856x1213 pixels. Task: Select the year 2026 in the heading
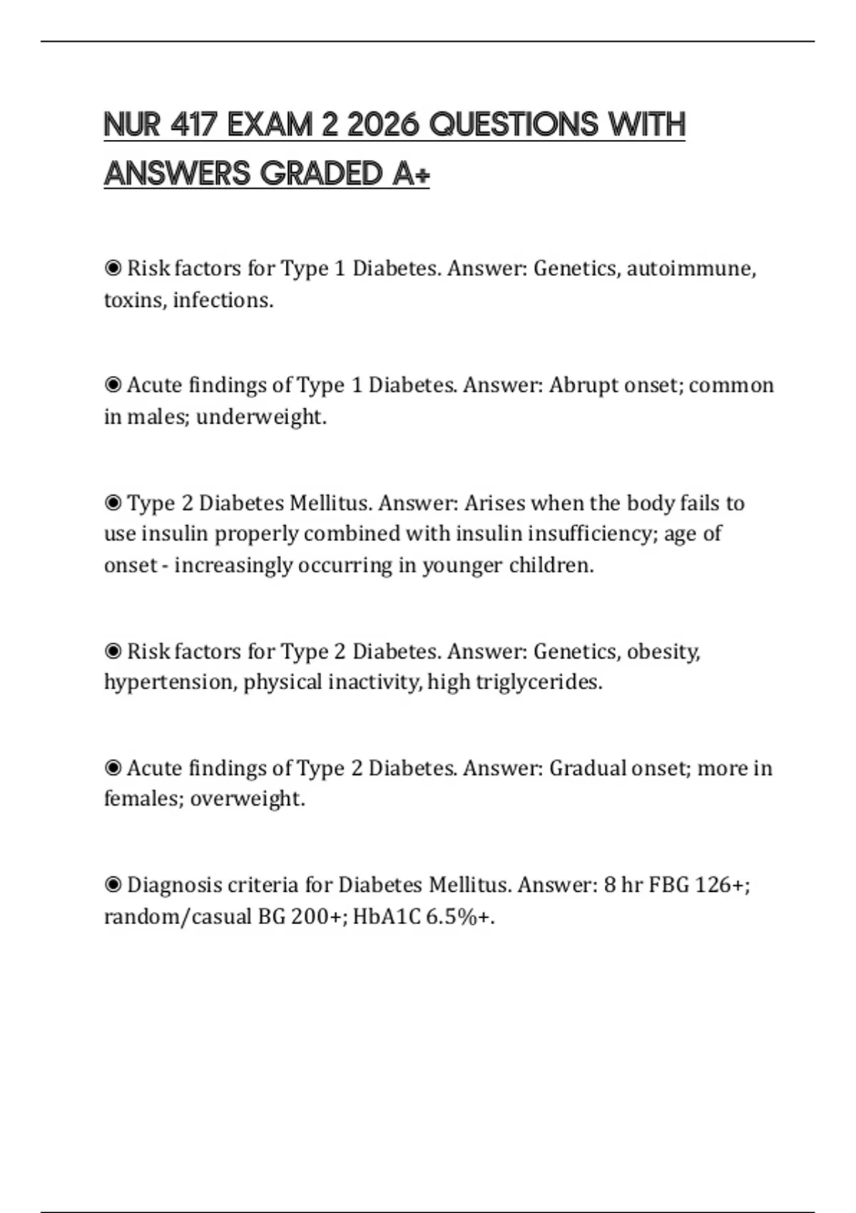(x=382, y=125)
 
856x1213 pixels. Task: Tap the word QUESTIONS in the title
(x=512, y=125)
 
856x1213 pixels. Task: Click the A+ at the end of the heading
(x=411, y=173)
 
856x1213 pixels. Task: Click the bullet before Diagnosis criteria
(x=113, y=885)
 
